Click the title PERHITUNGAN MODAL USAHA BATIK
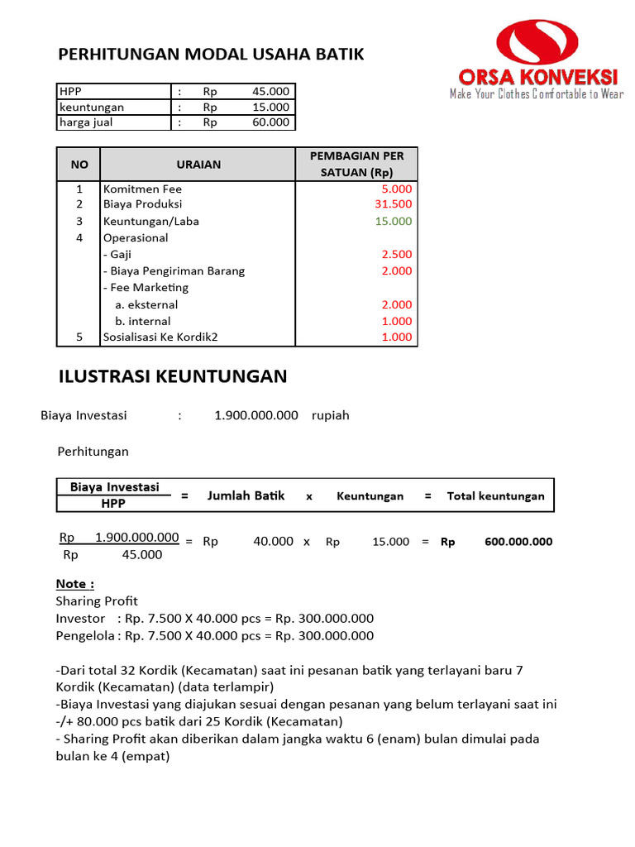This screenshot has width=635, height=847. pyautogui.click(x=211, y=55)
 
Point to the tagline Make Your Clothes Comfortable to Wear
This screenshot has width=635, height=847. pyautogui.click(x=536, y=94)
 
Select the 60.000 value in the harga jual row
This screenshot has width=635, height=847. pyautogui.click(x=270, y=122)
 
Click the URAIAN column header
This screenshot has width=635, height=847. pyautogui.click(x=198, y=165)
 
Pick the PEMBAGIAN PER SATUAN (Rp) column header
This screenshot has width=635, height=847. pyautogui.click(x=356, y=165)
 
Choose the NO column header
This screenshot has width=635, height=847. pyautogui.click(x=79, y=165)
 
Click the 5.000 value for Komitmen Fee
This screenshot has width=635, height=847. pyautogui.click(x=396, y=189)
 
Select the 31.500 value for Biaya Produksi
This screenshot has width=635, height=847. pyautogui.click(x=393, y=204)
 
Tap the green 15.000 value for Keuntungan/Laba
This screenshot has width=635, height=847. pyautogui.click(x=393, y=222)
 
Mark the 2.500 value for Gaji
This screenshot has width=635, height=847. pyautogui.click(x=396, y=255)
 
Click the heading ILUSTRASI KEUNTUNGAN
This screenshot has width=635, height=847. pyautogui.click(x=173, y=377)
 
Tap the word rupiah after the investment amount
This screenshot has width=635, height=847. pyautogui.click(x=331, y=415)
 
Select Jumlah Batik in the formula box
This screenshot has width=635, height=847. pyautogui.click(x=246, y=495)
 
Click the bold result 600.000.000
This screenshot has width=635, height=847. pyautogui.click(x=518, y=543)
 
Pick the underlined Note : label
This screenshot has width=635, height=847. pyautogui.click(x=75, y=584)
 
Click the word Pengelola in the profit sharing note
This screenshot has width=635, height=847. pyautogui.click(x=83, y=636)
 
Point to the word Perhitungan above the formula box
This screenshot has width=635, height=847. pyautogui.click(x=93, y=452)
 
